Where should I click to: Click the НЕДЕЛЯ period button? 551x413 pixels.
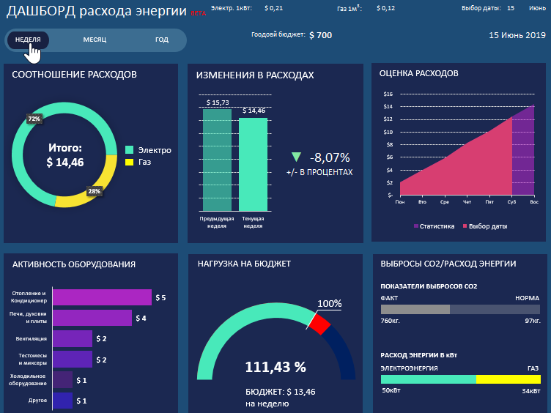tap(28, 40)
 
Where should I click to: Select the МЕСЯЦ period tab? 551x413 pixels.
tap(95, 40)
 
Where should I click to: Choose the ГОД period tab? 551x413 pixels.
tap(161, 40)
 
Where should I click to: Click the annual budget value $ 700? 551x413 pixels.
tap(320, 35)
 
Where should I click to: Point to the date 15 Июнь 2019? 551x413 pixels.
tap(517, 35)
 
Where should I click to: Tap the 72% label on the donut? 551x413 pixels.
tap(34, 118)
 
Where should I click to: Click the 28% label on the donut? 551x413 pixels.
tap(94, 191)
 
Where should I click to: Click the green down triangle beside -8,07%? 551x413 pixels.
tap(296, 157)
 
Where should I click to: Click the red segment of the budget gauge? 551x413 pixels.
tap(320, 323)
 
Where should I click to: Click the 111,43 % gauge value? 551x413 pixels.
tap(275, 368)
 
